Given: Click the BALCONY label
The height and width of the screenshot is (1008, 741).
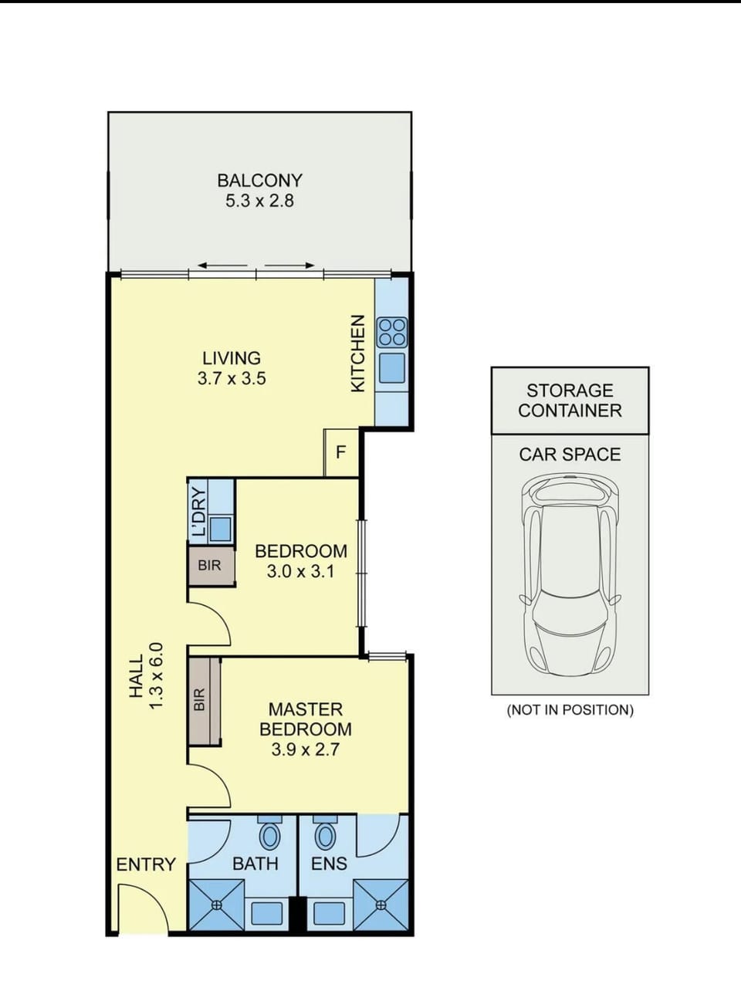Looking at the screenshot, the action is pos(259,181).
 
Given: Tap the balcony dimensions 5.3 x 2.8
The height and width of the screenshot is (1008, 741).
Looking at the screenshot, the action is pos(259,201).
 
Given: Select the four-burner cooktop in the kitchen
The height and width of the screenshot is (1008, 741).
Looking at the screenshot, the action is pos(392,332).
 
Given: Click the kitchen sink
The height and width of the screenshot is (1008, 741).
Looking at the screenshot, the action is pos(392,367).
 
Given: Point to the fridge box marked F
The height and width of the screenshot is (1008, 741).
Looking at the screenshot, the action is pos(341,452).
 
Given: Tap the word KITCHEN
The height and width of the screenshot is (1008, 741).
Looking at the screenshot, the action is pos(357,353).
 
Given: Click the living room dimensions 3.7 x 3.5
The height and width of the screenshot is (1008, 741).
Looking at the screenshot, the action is pos(232,378).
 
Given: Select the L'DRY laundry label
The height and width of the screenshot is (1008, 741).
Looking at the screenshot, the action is pos(198,512).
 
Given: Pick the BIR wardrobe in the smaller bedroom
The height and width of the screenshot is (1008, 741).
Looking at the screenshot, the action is pos(211,566).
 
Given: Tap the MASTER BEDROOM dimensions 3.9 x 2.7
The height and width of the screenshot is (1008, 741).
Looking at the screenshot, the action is pos(305,749).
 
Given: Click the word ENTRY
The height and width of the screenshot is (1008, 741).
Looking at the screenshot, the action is pos(146,864).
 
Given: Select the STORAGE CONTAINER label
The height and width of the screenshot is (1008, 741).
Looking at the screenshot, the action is pos(570,401).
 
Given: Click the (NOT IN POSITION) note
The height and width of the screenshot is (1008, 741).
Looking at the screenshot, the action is pos(570,709).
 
